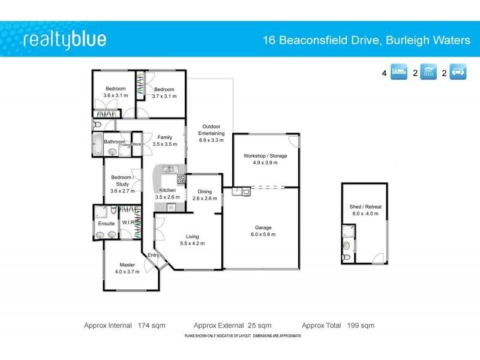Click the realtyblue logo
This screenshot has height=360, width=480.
(x=65, y=40)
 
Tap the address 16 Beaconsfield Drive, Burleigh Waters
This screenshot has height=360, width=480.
(x=367, y=41)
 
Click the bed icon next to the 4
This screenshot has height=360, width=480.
(x=399, y=74)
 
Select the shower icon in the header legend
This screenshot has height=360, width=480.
(x=428, y=74)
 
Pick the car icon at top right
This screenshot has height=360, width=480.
(x=458, y=74)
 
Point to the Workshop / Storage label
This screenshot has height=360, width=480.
(x=265, y=160)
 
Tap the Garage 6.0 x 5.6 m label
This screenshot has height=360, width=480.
(x=265, y=232)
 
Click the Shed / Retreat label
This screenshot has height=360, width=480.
(x=365, y=210)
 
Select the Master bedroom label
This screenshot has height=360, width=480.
(x=127, y=268)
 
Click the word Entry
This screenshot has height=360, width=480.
(x=154, y=256)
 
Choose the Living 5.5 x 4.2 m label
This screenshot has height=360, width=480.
(x=192, y=240)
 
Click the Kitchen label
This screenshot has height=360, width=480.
(x=167, y=193)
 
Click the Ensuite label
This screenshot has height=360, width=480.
(x=106, y=223)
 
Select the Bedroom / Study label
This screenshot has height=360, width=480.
(x=122, y=184)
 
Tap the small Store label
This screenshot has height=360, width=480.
(x=136, y=144)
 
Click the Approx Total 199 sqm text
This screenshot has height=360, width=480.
(x=338, y=325)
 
